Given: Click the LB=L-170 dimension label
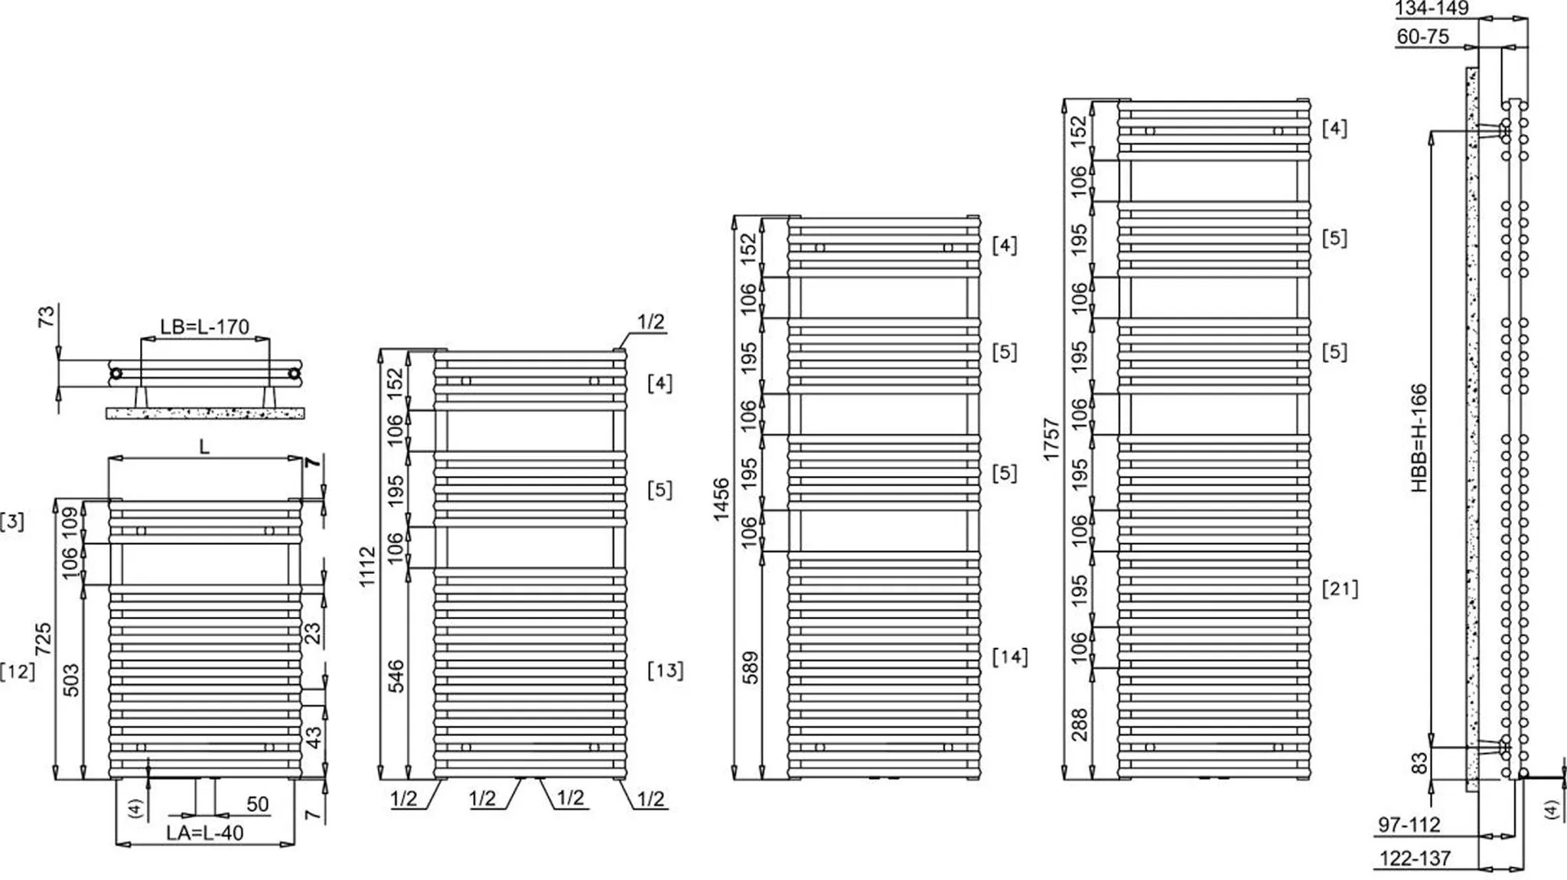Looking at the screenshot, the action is pos(204,328).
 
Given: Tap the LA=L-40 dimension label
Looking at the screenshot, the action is pos(205,833).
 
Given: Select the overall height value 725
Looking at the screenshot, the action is pos(44,638).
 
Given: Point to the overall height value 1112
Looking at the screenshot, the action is pos(367,566).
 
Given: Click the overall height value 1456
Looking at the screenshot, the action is pos(721,500).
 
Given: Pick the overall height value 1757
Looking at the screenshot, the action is pos(1051,439).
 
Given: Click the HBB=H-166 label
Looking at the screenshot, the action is pos(1419,438).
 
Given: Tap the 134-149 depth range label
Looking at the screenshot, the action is pos(1432,8).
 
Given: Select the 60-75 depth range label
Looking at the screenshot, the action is pos(1422,36).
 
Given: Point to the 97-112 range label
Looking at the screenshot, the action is pos(1409,825).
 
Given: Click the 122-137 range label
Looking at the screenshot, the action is pos(1415,859).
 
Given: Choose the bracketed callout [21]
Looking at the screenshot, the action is pos(1340,588).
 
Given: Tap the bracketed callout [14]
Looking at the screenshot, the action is pos(1010,657).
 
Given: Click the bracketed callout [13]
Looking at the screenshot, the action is pos(665,670).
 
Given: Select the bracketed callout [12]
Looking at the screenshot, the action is pos(18,671).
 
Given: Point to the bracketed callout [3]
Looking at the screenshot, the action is pos(12,522).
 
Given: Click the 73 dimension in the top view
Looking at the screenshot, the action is pos(47,315).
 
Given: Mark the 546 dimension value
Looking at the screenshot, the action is pos(396,676).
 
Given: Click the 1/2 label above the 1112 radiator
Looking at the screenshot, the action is pos(650,321).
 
